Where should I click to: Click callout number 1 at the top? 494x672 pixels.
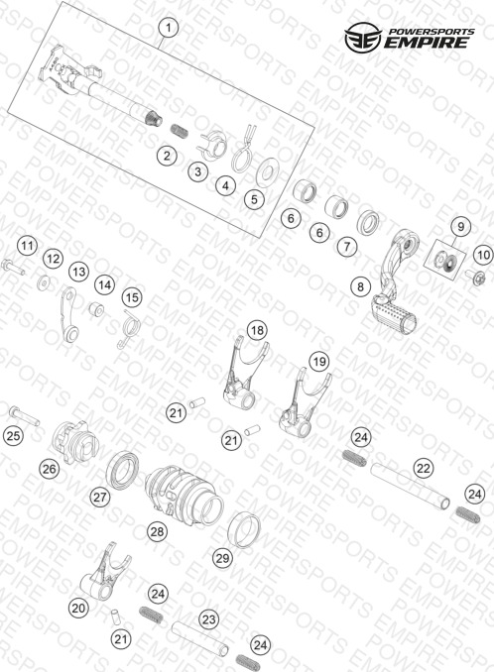(169, 29)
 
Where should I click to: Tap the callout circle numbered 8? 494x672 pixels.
(361, 286)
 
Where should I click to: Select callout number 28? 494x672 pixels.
(157, 532)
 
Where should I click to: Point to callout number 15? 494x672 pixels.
(132, 297)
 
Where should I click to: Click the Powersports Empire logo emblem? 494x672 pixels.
(363, 38)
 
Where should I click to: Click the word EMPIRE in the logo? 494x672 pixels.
(426, 43)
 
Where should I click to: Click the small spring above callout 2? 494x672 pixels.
(180, 130)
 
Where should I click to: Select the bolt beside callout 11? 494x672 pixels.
(13, 267)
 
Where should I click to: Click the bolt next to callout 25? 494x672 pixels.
(25, 415)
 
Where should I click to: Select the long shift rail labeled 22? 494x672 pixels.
(410, 486)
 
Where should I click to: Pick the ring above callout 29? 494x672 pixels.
(244, 529)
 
